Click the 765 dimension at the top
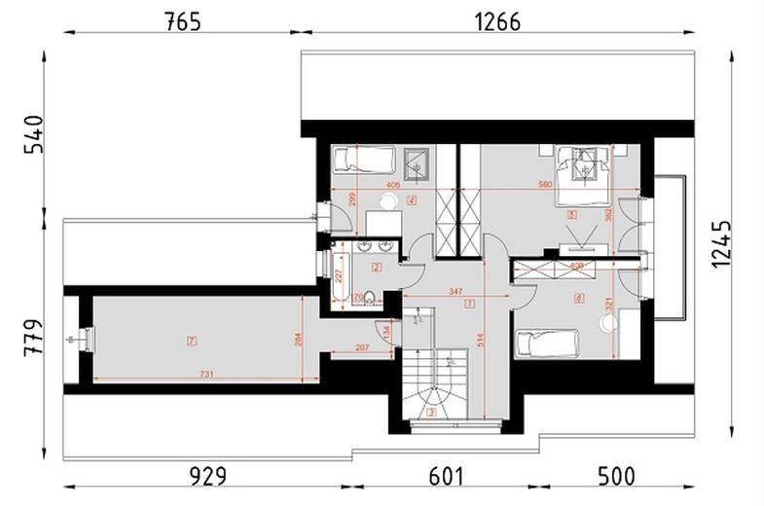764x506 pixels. tap(182, 20)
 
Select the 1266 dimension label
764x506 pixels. tap(496, 20)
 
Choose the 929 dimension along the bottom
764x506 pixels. tap(207, 476)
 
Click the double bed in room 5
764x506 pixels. tap(582, 172)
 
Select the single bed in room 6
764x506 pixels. tap(547, 343)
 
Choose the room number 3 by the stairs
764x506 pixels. tap(431, 412)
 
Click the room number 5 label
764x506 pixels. tap(571, 214)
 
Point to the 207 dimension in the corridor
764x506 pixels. tap(361, 346)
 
